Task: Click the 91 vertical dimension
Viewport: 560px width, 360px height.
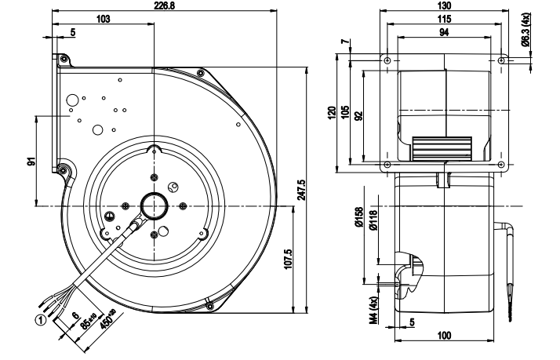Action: tap(31, 162)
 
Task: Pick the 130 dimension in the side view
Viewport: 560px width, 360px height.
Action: tap(444, 5)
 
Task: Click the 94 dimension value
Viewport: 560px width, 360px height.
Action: tap(444, 31)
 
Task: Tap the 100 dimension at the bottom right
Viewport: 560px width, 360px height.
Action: tap(444, 335)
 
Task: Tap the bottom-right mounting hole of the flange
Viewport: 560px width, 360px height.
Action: tap(501, 165)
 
